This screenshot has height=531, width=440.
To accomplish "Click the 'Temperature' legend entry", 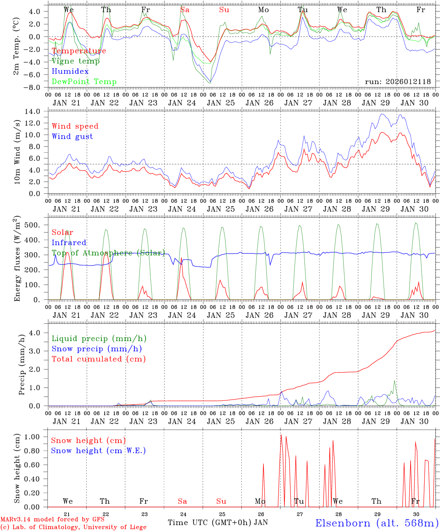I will tap(79, 51).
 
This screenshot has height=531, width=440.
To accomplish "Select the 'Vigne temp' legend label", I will tap(76, 61).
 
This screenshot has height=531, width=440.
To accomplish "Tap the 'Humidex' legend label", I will tap(70, 72).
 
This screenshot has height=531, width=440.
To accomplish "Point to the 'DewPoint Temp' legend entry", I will tap(84, 82).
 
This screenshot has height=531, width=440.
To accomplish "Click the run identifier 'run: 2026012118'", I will tap(398, 82).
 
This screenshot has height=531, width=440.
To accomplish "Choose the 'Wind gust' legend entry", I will tap(72, 136).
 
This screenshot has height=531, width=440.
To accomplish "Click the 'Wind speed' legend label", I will tap(75, 126).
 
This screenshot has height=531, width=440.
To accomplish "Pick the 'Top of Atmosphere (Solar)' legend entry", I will tap(108, 253).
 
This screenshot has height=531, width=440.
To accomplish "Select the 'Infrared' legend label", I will tap(69, 243).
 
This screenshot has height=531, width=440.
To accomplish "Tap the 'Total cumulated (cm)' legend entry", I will tap(98, 359).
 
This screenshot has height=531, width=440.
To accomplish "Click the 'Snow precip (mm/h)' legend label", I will tap(97, 349).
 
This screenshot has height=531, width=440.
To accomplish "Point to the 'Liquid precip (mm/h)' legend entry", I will tap(99, 339).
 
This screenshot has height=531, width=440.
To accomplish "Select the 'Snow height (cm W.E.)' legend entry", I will tap(98, 451).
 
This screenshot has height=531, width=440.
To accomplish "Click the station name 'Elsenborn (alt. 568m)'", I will tap(377, 523).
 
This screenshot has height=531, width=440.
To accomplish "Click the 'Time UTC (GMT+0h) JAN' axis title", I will tap(218, 523).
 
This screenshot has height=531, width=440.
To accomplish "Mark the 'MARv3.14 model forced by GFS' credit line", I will tap(52, 520).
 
